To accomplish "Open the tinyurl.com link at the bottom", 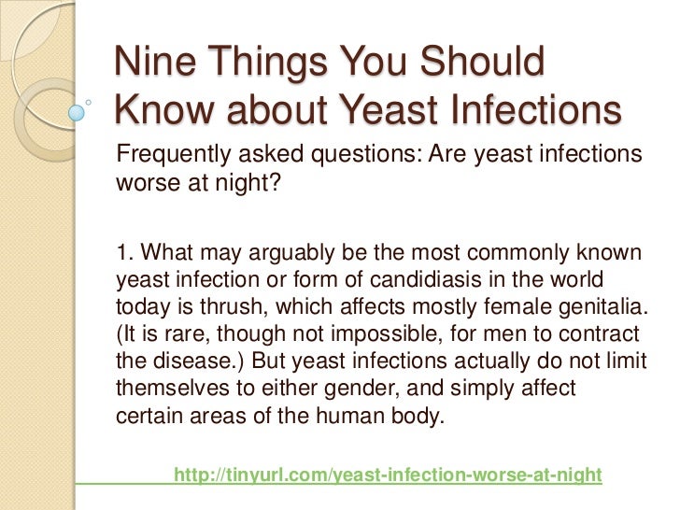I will [389, 475].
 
